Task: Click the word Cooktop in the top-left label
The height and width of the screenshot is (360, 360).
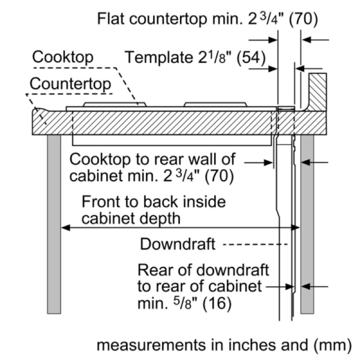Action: (63, 58)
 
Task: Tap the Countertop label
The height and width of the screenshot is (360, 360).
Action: (71, 83)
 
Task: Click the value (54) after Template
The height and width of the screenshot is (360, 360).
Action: (250, 58)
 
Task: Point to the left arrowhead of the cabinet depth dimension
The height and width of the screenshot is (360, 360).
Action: (64, 228)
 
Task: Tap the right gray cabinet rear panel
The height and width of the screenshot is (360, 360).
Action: (307, 222)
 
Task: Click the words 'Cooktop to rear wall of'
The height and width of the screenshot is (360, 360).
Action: (153, 160)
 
